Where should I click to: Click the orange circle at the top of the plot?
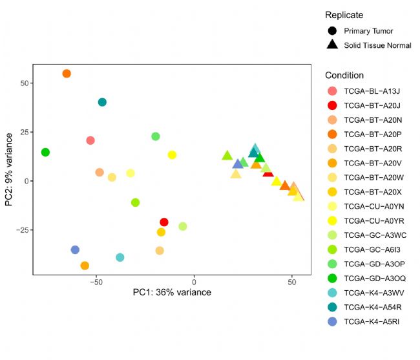pyautogui.click(x=67, y=74)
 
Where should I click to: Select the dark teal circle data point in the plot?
pyautogui.click(x=102, y=102)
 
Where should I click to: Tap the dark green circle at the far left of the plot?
pyautogui.click(x=45, y=153)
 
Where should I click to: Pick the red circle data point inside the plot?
pyautogui.click(x=164, y=222)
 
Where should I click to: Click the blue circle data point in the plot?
pyautogui.click(x=75, y=249)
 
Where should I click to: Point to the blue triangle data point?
pyautogui.click(x=238, y=164)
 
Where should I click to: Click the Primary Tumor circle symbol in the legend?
pyautogui.click(x=332, y=30)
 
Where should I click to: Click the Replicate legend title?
pyautogui.click(x=344, y=15)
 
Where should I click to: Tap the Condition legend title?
pyautogui.click(x=344, y=75)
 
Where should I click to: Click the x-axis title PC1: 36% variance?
pyautogui.click(x=172, y=293)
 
